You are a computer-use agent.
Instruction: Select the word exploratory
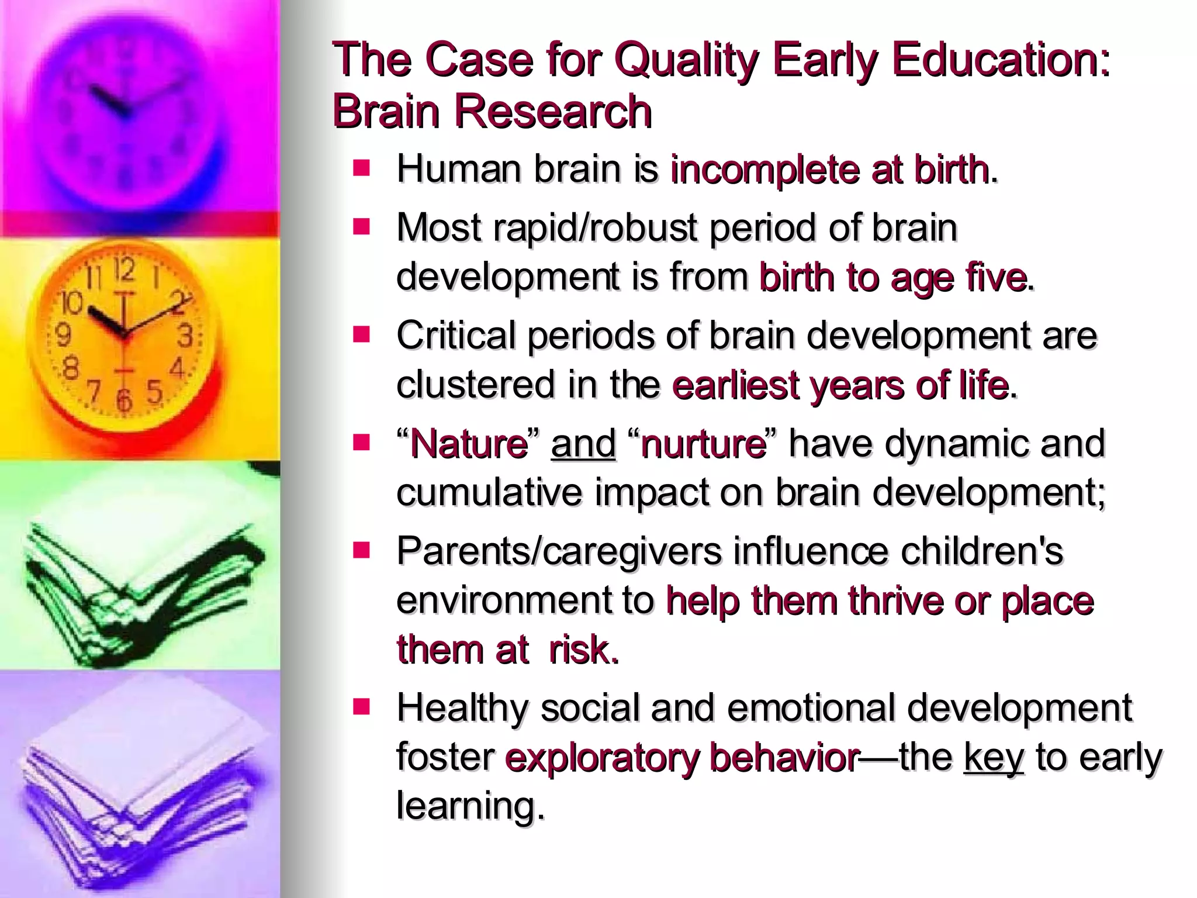point(602,757)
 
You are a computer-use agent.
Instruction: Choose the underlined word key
point(994,757)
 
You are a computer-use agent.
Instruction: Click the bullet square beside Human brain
point(362,169)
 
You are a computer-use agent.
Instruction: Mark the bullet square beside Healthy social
point(362,708)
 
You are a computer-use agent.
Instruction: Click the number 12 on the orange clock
point(124,271)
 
